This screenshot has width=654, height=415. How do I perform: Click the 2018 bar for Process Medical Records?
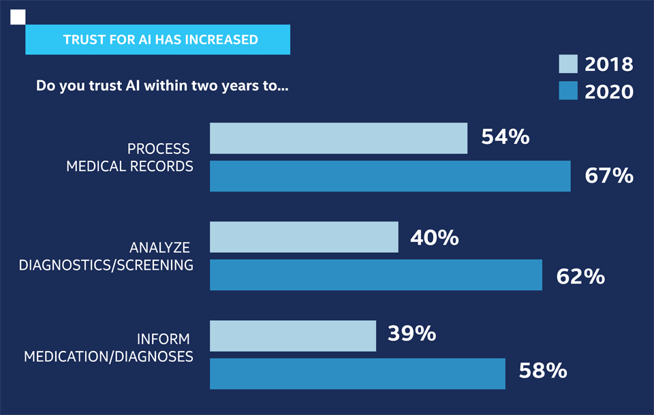pos(338,138)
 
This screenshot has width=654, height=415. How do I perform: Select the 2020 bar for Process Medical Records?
pos(390,176)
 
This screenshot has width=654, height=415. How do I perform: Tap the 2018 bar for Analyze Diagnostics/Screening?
pos(304,237)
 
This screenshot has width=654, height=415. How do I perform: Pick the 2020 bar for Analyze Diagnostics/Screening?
pos(375,275)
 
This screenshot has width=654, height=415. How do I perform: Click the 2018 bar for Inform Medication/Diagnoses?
pos(293,336)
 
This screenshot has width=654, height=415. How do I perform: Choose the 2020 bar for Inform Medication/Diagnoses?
pos(357,373)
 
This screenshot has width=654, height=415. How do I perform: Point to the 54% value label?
pos(505,137)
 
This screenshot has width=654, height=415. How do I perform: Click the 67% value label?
pos(609,176)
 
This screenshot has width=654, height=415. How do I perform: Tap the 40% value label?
pos(434,237)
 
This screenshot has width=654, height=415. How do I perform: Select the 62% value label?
pos(580,276)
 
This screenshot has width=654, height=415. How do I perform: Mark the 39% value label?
pos(411,333)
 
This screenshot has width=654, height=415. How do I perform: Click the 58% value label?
pos(543,371)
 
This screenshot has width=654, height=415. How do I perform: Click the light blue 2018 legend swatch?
pos(568,64)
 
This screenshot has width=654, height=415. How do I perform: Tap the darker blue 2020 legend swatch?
pos(568,91)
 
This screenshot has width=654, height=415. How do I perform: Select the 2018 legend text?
pos(609,65)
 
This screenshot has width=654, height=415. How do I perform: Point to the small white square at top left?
pos(18,17)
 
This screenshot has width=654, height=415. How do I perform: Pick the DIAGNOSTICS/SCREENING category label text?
pos(106,265)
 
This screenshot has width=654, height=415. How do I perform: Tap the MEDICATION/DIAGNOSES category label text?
pos(109,356)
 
